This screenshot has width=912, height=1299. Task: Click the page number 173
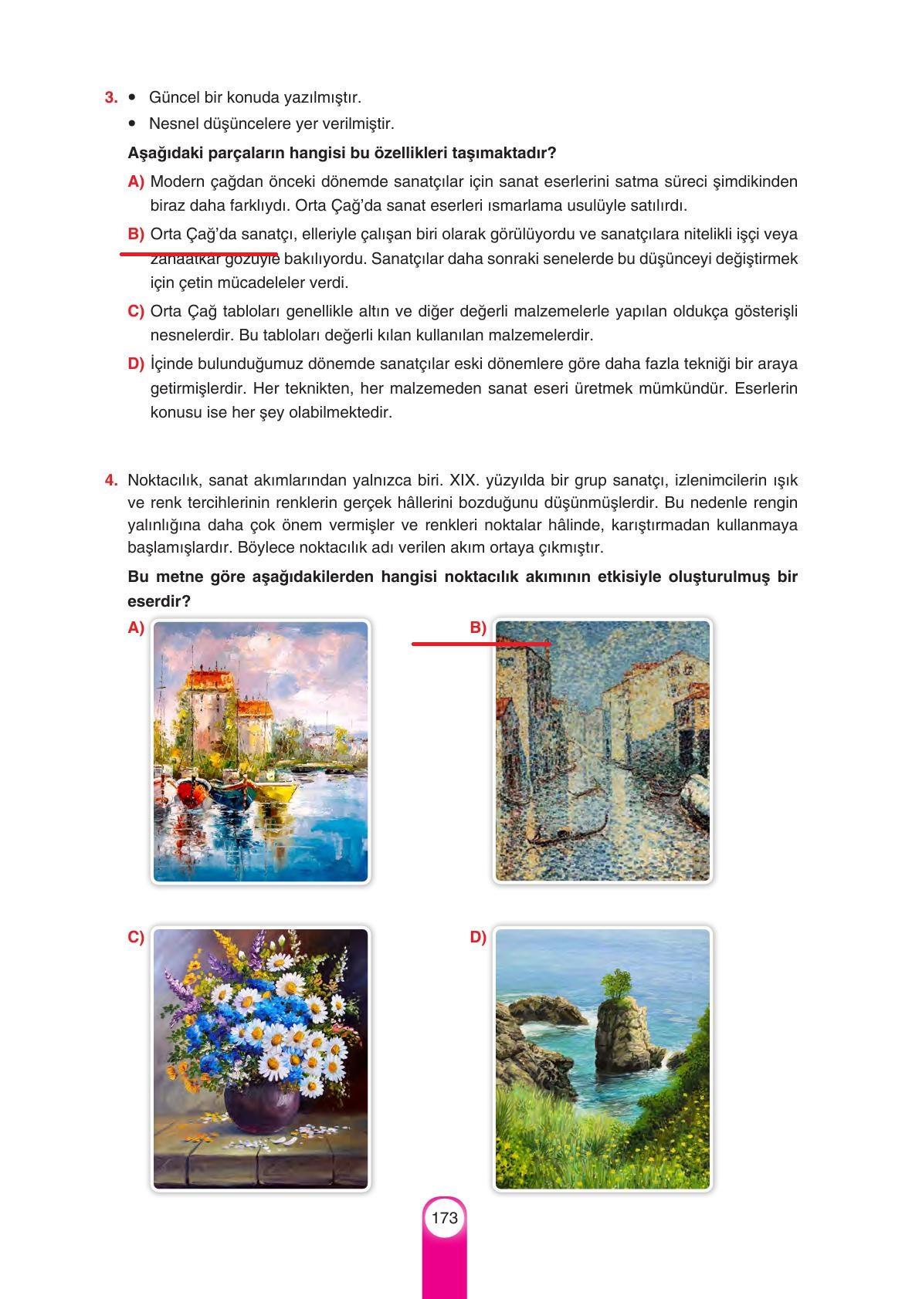tap(445, 1218)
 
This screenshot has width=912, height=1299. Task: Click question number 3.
tap(110, 98)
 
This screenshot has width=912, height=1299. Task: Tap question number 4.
tap(110, 480)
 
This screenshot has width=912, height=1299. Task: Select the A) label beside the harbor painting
tap(136, 628)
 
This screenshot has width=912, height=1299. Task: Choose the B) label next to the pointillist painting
tap(478, 628)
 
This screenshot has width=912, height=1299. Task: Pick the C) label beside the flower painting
tap(136, 938)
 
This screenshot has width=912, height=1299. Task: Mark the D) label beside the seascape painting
tap(478, 938)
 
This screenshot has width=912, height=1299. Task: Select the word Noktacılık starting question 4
tap(162, 481)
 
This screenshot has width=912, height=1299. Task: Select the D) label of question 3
tap(136, 364)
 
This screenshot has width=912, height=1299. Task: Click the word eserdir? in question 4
tap(159, 600)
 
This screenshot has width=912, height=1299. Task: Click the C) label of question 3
tap(136, 311)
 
